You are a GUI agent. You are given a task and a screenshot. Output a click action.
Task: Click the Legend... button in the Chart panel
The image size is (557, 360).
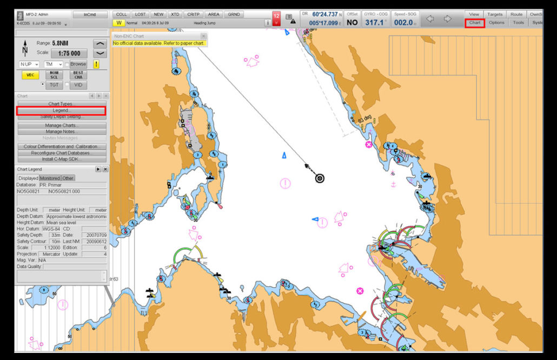61,110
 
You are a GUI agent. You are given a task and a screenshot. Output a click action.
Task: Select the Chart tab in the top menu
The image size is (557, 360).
475,23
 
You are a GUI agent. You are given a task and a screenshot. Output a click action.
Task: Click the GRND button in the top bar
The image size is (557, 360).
234,15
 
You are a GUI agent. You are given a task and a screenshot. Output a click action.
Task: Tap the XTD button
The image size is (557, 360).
175,15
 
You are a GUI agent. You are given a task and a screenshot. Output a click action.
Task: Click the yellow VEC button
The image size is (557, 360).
30,75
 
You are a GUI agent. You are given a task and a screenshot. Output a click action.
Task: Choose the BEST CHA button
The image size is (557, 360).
78,75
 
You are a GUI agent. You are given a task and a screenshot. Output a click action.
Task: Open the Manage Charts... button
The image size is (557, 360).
61,125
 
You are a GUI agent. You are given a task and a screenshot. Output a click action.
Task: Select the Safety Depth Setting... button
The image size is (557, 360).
61,117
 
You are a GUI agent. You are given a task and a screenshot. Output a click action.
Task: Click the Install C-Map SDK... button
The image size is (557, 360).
61,159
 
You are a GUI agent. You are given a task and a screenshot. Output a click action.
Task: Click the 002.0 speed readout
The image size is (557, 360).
404,23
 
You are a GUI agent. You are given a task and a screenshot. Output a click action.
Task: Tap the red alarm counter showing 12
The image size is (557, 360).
276,18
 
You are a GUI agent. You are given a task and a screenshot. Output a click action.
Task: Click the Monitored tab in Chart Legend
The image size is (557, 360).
50,178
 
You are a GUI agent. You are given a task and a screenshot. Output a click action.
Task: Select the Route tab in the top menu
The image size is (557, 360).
516,14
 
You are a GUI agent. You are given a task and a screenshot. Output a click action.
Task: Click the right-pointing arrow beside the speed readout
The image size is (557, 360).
448,19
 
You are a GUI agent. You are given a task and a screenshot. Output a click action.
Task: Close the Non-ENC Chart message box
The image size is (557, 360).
203,36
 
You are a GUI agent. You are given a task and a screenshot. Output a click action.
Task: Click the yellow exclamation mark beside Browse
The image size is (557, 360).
96,64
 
